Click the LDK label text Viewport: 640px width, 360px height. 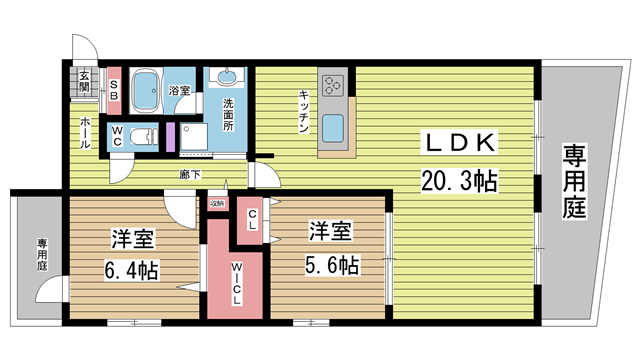point(458,143)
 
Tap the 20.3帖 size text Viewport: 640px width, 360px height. point(459,181)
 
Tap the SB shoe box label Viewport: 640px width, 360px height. point(114,90)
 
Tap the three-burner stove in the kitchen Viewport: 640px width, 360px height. point(332,83)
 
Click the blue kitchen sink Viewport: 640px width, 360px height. point(333,128)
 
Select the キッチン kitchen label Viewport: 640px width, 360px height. point(302,110)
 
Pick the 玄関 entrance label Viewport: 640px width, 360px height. point(85,82)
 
